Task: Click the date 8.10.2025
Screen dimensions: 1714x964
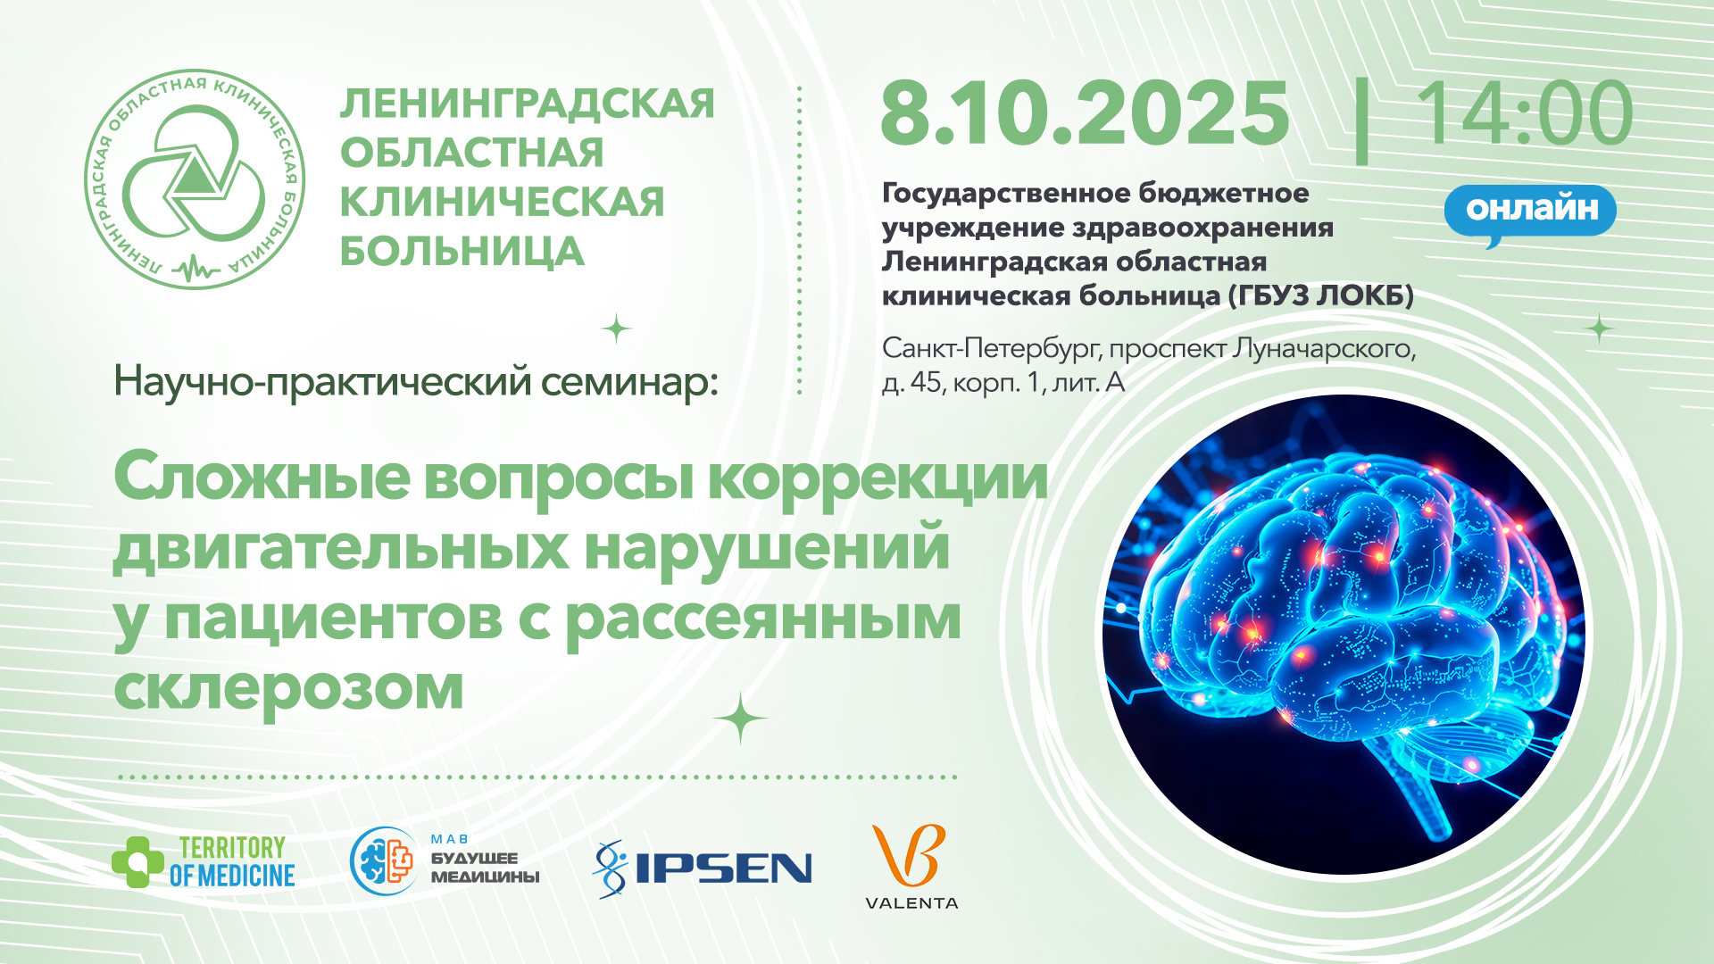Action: (1085, 113)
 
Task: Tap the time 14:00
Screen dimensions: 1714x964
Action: (1524, 113)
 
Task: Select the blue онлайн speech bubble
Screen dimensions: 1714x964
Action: (1530, 212)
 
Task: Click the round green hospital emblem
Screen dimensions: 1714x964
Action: (195, 179)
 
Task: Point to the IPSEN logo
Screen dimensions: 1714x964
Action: (703, 868)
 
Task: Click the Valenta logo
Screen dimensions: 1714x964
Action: (911, 866)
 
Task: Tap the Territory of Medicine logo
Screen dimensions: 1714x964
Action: (204, 862)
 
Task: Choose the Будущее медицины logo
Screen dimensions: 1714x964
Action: (445, 861)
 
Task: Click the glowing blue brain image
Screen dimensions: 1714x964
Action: (1344, 635)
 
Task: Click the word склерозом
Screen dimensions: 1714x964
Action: (289, 688)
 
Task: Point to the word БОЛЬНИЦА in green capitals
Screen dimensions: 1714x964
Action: (462, 252)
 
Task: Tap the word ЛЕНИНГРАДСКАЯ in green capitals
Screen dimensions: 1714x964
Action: (528, 104)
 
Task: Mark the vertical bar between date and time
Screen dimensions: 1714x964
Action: (1361, 120)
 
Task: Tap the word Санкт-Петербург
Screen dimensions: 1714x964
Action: (992, 349)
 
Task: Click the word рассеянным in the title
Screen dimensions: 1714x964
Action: (764, 619)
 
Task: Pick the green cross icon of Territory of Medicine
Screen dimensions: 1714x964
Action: (137, 862)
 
